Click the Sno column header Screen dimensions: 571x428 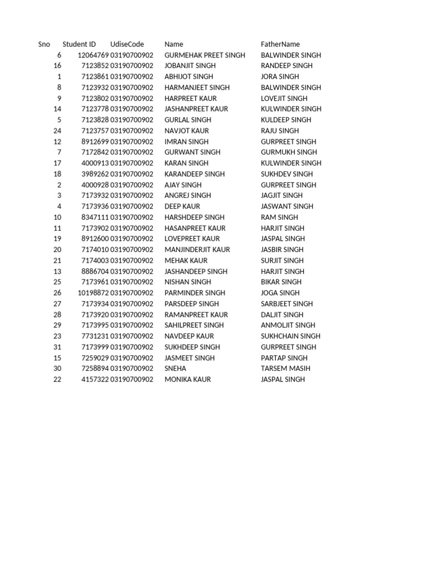[x=44, y=44]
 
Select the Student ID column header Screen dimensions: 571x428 [x=79, y=44]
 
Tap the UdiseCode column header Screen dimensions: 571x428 [x=127, y=44]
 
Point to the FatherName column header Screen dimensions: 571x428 [x=280, y=44]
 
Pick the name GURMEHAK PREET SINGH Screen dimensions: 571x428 [x=205, y=55]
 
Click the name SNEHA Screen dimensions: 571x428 [x=176, y=369]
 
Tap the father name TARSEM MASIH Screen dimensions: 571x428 [x=285, y=369]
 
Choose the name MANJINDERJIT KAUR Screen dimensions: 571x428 [x=197, y=250]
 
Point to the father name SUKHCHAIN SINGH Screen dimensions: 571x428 [x=290, y=336]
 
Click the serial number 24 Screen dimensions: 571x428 [x=57, y=131]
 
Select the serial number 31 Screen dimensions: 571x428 [x=57, y=347]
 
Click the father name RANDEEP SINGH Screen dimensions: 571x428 [x=286, y=66]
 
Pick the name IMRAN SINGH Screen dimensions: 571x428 [x=186, y=142]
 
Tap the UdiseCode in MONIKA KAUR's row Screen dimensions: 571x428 [x=132, y=379]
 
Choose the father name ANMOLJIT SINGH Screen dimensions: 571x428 [x=288, y=325]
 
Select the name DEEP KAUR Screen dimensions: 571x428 [x=182, y=206]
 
